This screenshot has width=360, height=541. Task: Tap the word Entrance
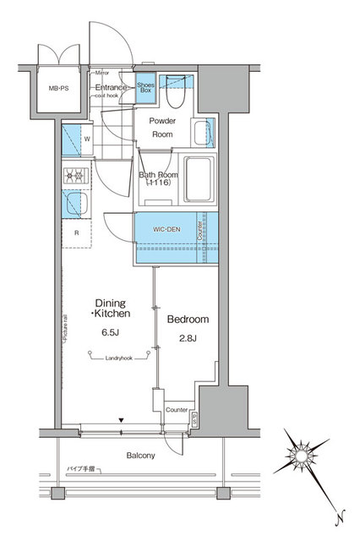[111, 87]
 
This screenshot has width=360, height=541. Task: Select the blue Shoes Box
[145, 89]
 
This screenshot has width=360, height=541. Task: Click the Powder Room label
[162, 127]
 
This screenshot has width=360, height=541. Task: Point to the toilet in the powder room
[176, 95]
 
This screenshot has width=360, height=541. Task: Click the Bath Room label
[155, 176]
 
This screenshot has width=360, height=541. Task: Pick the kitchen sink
[74, 205]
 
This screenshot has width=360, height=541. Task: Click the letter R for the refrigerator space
[77, 232]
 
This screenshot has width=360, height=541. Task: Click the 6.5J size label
[109, 331]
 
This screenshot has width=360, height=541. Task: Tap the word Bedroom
[188, 320]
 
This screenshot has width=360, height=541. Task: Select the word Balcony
[141, 456]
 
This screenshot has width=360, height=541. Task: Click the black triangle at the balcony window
[122, 420]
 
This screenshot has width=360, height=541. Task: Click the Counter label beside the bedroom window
[177, 410]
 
